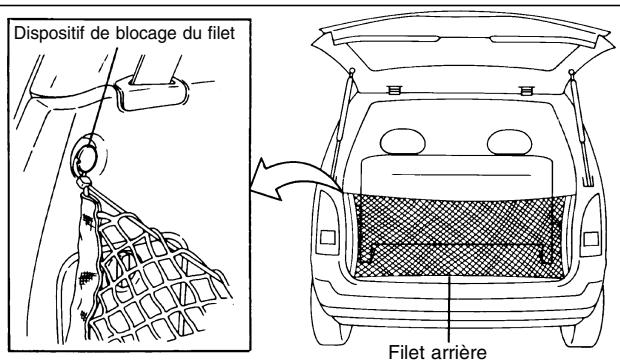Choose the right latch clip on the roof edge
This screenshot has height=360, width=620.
(x=523, y=89)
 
